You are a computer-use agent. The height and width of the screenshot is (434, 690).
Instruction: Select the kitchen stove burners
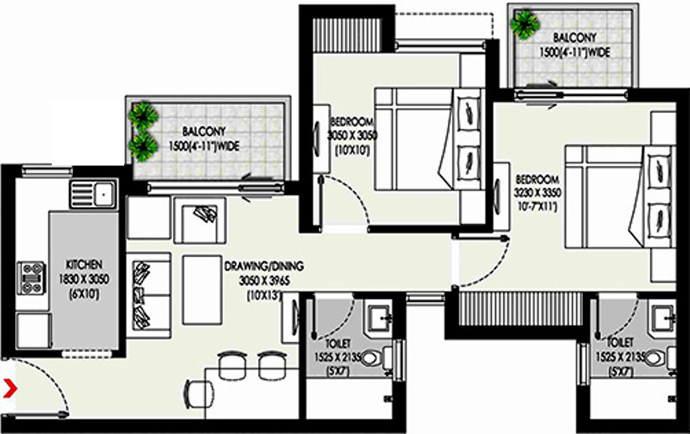(x=31, y=276)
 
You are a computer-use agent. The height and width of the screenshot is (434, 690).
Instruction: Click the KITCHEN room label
(x=83, y=264)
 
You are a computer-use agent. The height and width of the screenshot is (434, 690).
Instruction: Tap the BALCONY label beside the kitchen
(x=204, y=131)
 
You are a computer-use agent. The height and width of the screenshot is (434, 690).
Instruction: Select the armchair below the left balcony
(x=200, y=218)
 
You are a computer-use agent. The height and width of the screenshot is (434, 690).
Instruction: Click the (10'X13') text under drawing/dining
(x=261, y=294)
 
